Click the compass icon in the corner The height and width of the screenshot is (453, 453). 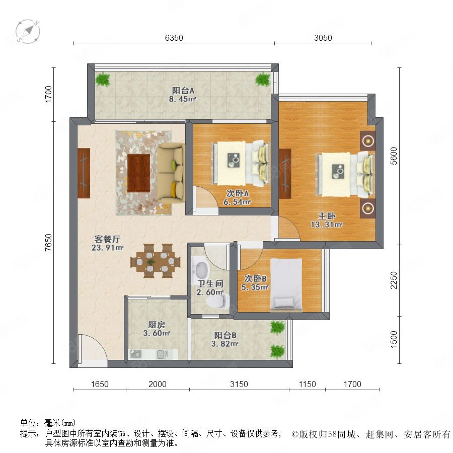point(28,32)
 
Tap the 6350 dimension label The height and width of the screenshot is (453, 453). point(174,38)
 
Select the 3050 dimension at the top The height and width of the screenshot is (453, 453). point(323,38)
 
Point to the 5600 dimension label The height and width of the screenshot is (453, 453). point(394,156)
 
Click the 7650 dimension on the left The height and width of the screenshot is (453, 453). point(48,243)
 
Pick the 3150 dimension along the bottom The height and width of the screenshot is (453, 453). point(239,384)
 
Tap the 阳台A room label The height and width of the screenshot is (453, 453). point(183,91)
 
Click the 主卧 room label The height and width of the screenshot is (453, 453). point(327,216)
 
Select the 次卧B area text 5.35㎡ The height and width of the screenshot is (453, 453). point(255,287)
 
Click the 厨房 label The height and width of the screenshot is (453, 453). point(157,325)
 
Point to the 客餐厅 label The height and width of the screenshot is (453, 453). point(107,239)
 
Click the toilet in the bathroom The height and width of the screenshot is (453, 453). point(217,301)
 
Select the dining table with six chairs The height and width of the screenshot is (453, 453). point(156,261)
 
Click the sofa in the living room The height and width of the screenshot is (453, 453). point(171,173)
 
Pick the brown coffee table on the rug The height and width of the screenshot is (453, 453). point(139,173)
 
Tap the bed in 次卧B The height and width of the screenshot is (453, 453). point(286,284)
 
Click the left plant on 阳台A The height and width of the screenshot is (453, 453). point(103,79)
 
